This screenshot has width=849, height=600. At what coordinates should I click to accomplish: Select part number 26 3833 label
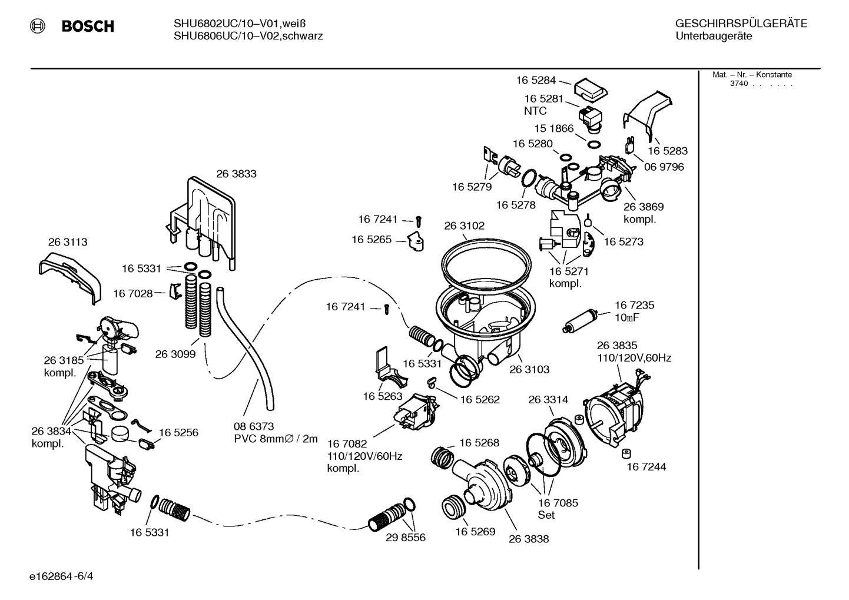[x=236, y=174]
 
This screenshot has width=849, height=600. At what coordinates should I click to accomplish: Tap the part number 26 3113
[x=68, y=242]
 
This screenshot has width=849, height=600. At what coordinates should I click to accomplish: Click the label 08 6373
[x=254, y=426]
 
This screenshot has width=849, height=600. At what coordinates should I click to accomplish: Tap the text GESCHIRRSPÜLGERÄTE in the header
[x=741, y=24]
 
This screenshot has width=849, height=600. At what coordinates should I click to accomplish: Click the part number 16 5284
[x=536, y=80]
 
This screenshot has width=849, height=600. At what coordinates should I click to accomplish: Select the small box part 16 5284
[x=591, y=89]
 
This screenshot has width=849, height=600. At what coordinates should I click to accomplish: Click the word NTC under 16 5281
[x=535, y=111]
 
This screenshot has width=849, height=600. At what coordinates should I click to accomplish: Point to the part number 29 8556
[x=406, y=538]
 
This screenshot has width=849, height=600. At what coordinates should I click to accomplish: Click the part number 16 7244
[x=646, y=467]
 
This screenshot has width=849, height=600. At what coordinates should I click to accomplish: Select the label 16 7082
[x=347, y=443]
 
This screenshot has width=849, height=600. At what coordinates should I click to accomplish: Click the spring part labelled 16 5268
[x=442, y=456]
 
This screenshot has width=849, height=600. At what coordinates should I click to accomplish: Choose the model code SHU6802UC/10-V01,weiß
[x=240, y=24]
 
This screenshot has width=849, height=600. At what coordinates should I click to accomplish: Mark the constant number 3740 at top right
[x=738, y=84]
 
